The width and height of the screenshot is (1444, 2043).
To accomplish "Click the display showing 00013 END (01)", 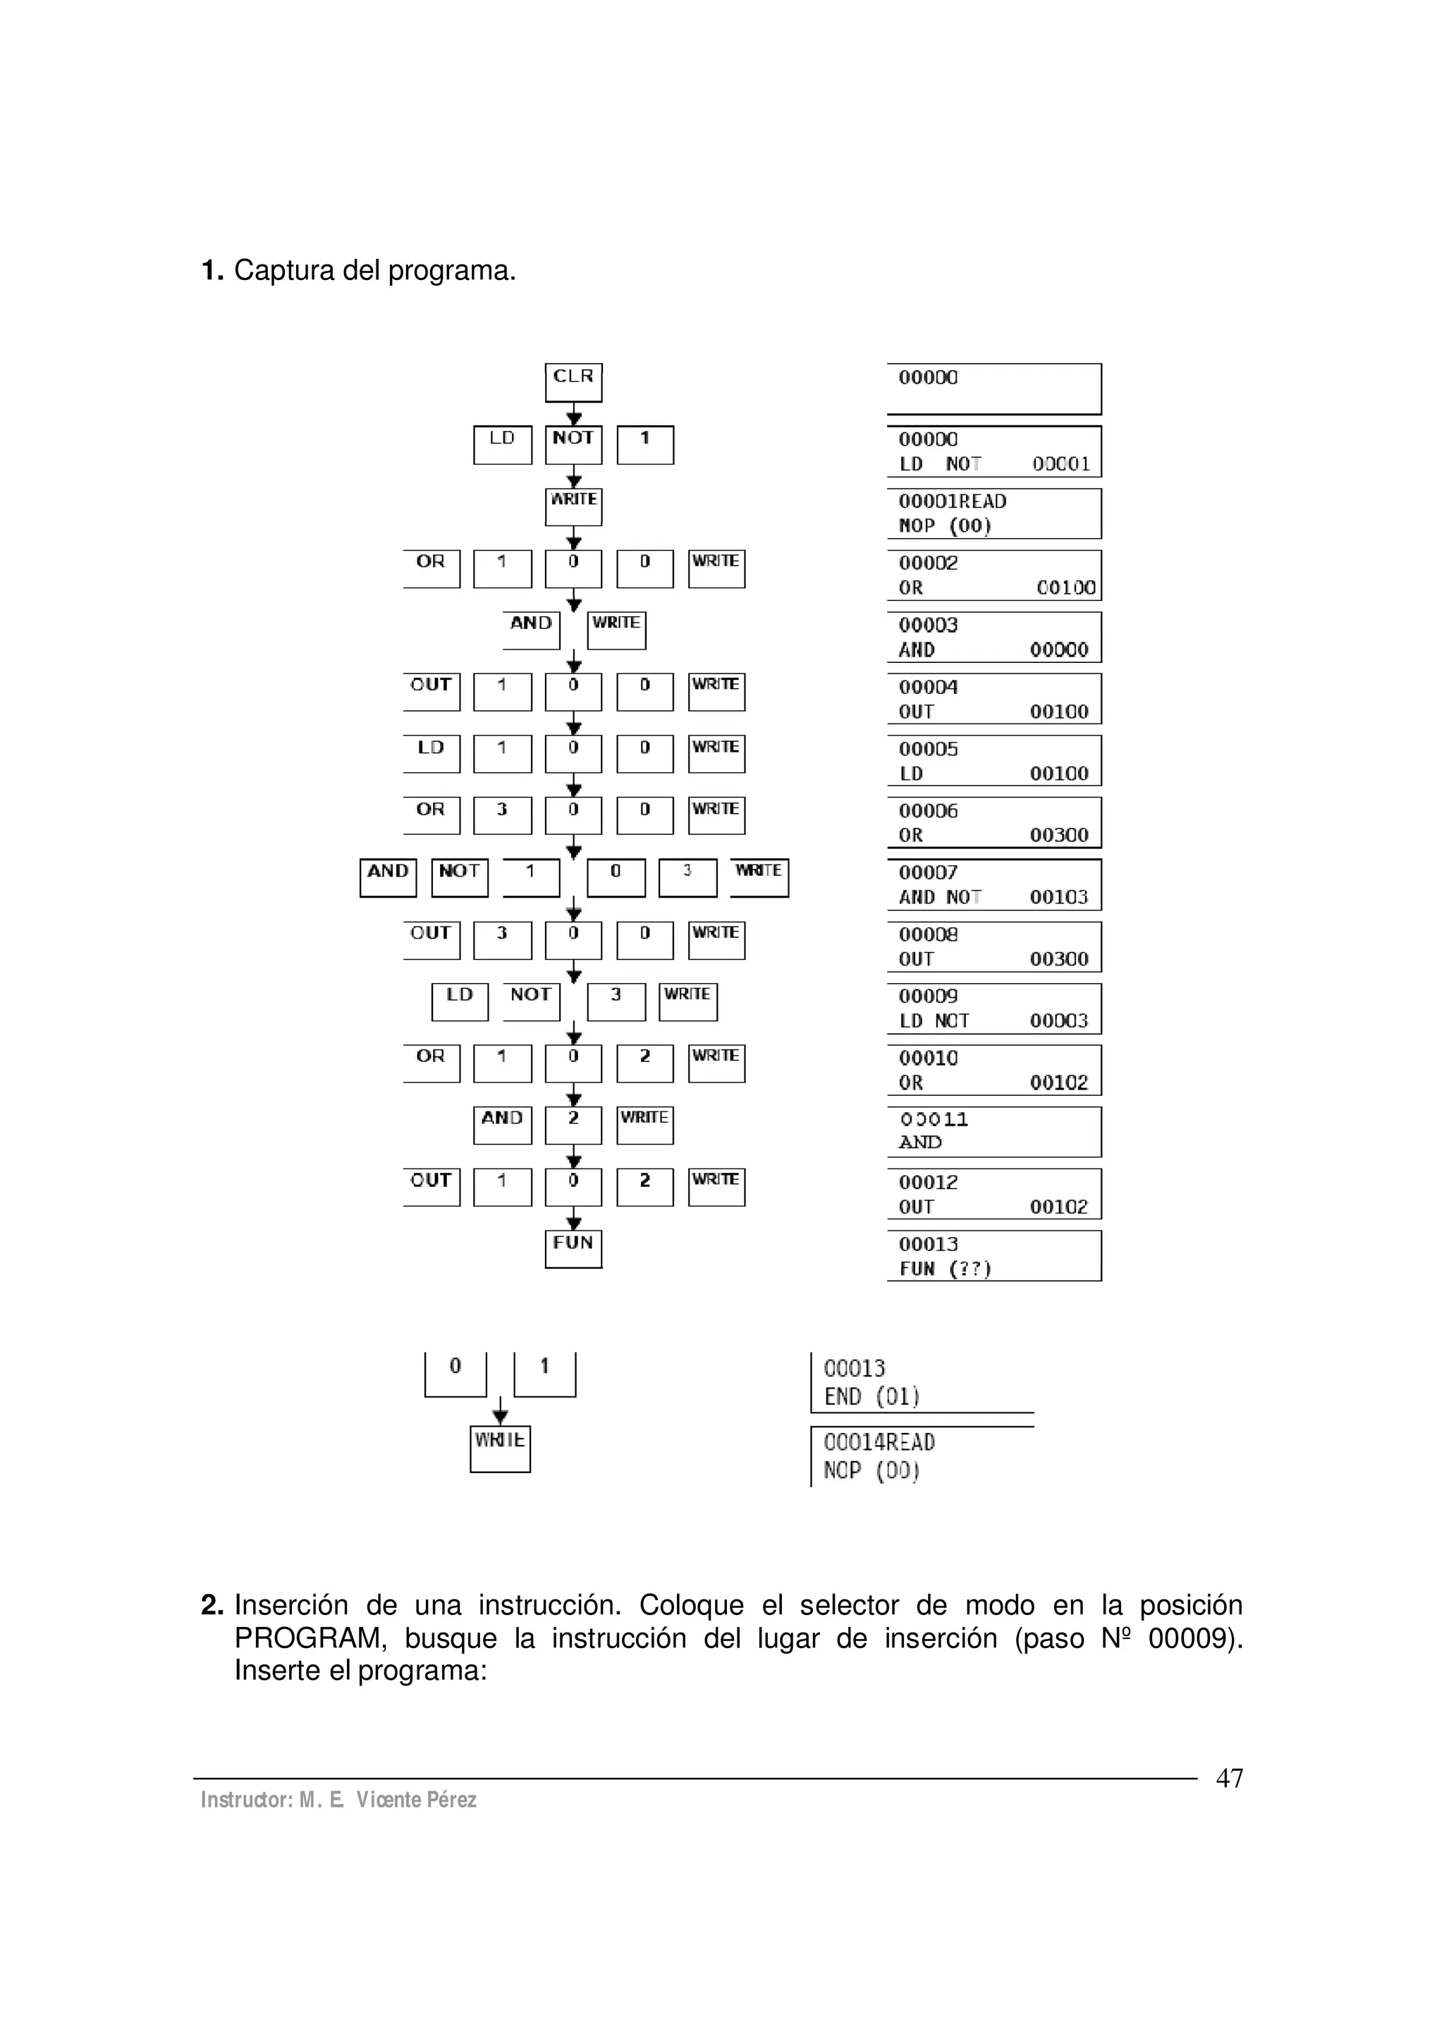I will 921,1382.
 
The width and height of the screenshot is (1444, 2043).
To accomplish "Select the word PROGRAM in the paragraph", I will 310,1638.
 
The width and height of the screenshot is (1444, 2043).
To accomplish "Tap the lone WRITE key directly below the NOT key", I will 573,506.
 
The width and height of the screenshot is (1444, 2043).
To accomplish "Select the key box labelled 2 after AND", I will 573,1125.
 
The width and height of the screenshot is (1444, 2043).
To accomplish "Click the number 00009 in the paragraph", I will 1193,1638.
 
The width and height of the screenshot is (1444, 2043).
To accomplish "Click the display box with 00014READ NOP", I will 921,1457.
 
